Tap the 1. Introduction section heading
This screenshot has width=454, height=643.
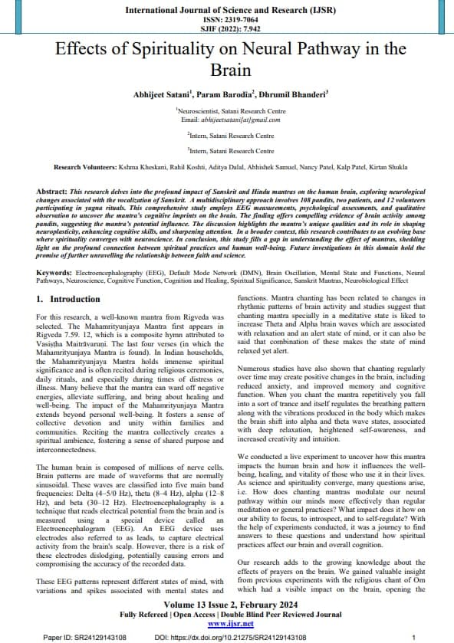[x=69, y=297]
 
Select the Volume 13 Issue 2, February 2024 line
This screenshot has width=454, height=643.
[x=226, y=603]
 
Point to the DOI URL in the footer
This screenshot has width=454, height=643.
[x=230, y=637]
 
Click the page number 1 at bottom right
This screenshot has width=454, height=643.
[x=413, y=637]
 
